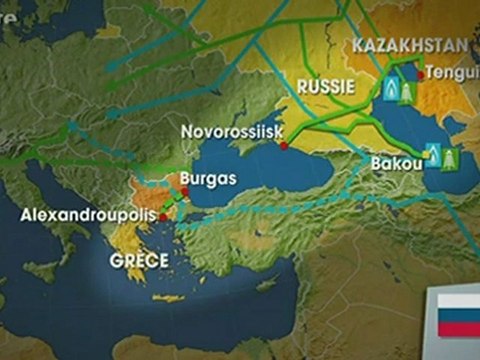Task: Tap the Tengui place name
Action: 451,72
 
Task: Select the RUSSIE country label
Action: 327,87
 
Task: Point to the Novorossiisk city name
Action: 231,131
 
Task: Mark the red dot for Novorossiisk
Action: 284,146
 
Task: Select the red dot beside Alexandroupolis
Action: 163,215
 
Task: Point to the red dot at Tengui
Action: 418,73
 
